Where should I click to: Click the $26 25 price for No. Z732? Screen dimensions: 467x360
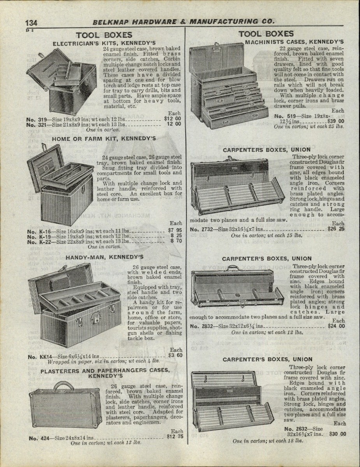coord(336,229)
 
